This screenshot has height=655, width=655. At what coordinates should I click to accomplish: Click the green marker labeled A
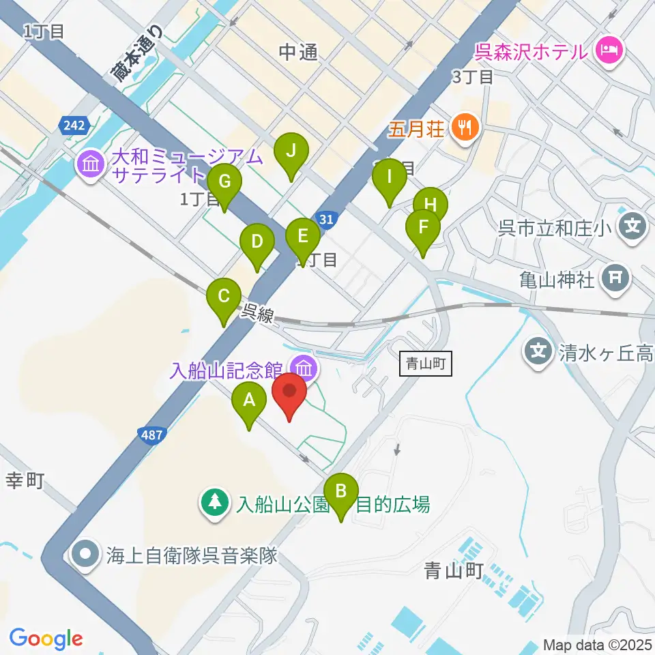[x=248, y=401]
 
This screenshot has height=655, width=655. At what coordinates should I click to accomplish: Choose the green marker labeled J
[x=291, y=151]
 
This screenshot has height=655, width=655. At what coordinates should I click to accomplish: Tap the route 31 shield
[x=327, y=219]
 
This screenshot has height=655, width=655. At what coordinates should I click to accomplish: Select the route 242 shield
[x=72, y=125]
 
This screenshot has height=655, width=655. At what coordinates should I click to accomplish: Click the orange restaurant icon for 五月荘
[x=466, y=127]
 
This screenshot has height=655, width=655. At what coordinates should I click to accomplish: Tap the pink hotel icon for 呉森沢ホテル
[x=606, y=50]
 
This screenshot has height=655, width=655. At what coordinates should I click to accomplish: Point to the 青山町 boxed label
[x=425, y=364]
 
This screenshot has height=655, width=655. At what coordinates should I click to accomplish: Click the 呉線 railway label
[x=258, y=315]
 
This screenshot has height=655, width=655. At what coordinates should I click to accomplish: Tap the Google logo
[x=46, y=639]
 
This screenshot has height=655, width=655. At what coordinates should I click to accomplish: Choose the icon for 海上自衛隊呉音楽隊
[x=87, y=554]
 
